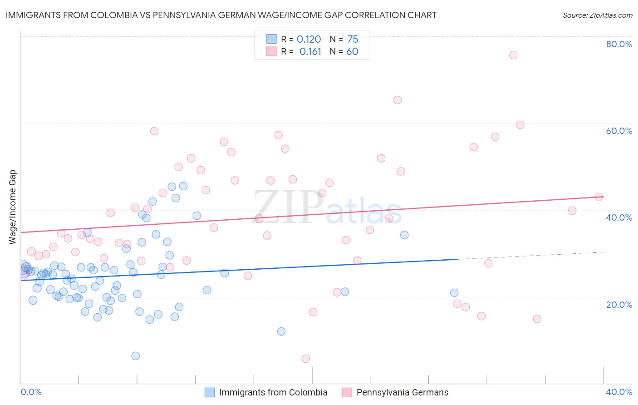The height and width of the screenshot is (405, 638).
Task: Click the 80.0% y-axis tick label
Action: point(619,44)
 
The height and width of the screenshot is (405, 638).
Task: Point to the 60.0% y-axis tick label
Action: point(619,131)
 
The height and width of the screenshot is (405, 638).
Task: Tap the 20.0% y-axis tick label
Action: point(619,304)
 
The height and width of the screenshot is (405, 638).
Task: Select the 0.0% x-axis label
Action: point(31,392)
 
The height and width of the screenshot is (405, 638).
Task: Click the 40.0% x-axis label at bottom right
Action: point(619,392)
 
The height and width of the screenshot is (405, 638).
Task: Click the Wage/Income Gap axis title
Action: point(12,207)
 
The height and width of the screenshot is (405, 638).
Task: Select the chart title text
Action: point(221,15)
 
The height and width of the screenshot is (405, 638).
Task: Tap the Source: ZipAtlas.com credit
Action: point(597,15)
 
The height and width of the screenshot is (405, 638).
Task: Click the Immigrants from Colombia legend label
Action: point(273,392)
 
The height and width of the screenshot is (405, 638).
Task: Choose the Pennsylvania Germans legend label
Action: point(402,392)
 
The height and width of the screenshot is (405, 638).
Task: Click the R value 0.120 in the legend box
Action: point(309,40)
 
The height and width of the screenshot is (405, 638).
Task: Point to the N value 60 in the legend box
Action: point(352,52)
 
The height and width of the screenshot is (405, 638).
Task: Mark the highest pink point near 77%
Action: point(513,55)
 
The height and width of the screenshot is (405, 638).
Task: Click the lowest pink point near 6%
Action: point(306,359)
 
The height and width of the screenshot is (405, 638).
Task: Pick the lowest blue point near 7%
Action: point(135,356)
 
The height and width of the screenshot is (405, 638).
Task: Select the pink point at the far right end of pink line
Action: point(599,197)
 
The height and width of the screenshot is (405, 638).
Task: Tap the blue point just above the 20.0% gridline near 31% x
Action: point(454,293)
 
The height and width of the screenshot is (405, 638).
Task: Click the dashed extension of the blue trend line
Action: point(531,256)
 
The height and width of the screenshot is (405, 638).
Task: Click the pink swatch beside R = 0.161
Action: point(271,51)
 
